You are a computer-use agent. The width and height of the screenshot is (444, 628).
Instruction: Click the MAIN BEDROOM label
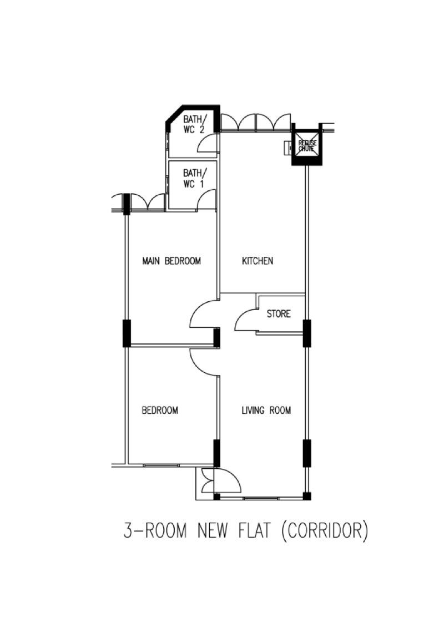(x=171, y=261)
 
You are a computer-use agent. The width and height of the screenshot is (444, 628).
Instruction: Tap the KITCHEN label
(x=258, y=261)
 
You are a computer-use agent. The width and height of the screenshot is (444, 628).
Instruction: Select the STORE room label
(x=278, y=314)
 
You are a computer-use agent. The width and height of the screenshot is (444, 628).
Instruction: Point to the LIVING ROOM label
(x=266, y=411)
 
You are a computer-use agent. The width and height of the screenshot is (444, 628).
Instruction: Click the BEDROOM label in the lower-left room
(x=160, y=411)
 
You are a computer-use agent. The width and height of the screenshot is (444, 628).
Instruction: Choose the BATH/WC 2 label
(x=194, y=124)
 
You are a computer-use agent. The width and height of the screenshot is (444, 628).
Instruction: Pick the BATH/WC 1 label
(x=194, y=178)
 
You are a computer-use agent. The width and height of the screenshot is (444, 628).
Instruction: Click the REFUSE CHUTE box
(x=307, y=145)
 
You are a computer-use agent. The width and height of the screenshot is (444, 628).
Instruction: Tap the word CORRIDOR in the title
(x=325, y=531)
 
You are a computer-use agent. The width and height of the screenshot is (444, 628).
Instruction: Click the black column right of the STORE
(x=306, y=333)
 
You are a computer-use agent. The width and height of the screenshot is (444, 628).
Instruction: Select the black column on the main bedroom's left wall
(x=127, y=333)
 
